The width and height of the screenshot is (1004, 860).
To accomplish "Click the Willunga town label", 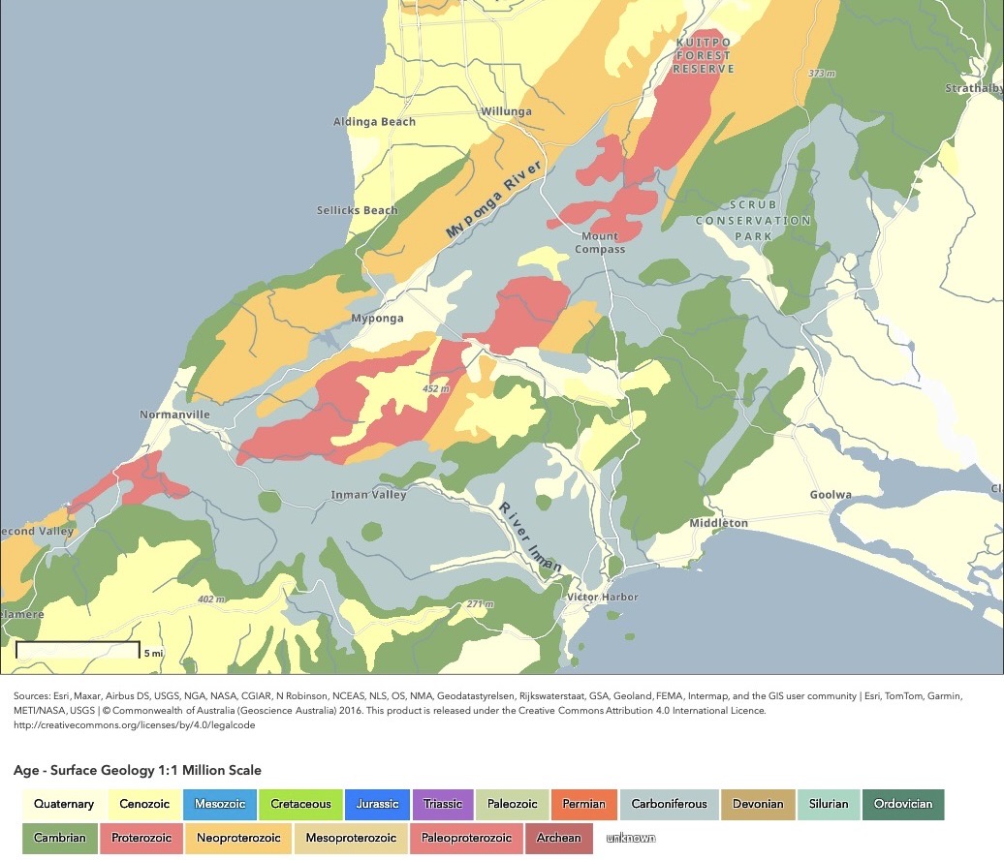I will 506,111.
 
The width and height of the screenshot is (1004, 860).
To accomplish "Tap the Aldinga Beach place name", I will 374,122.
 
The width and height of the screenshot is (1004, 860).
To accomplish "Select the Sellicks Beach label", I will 357,210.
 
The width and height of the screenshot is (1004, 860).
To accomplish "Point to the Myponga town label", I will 377,319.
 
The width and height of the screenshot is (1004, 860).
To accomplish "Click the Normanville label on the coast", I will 174,415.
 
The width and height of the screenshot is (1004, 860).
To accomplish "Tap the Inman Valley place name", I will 368,495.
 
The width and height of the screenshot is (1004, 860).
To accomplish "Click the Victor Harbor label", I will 603,597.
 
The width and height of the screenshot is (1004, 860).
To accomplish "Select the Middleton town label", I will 718,523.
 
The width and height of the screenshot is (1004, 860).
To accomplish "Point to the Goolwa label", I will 831,495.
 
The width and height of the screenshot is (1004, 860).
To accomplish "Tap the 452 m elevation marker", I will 436,388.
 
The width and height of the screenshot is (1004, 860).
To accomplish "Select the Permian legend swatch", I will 583,804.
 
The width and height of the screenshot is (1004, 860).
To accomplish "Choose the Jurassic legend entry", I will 377,804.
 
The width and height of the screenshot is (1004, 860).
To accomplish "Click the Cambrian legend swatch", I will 59,838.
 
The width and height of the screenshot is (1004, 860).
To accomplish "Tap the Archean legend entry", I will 559,838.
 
